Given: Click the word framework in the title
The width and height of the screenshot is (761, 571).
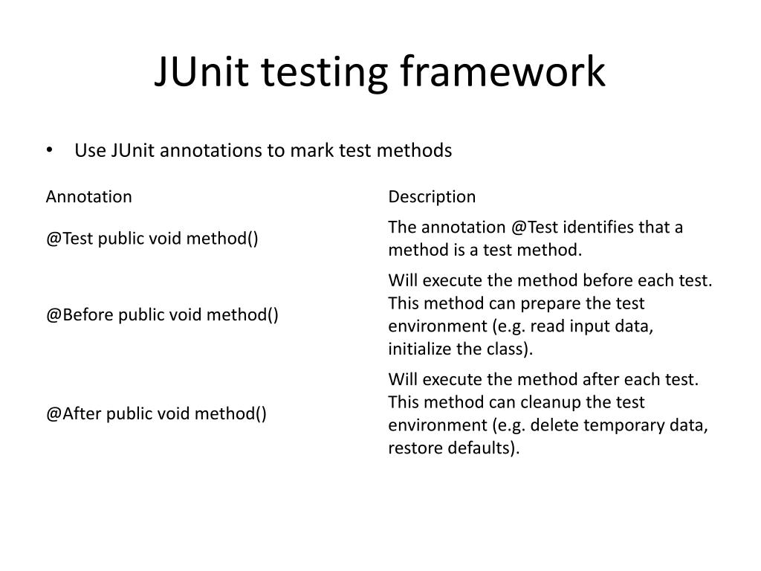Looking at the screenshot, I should point(503,73).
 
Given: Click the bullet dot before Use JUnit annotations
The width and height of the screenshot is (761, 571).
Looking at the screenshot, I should point(49,151).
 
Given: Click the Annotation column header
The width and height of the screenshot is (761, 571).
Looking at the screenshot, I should point(89,197).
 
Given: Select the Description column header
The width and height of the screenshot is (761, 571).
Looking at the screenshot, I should point(432,197).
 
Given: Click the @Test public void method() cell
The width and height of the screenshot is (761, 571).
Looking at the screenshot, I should point(152,239).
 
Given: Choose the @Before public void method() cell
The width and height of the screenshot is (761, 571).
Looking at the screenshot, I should point(163,315).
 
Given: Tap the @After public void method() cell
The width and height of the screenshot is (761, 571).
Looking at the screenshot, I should point(157,414).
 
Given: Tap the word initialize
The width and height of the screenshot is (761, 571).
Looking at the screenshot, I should point(417,349).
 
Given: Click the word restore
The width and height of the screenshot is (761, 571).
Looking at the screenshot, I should point(412,449).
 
